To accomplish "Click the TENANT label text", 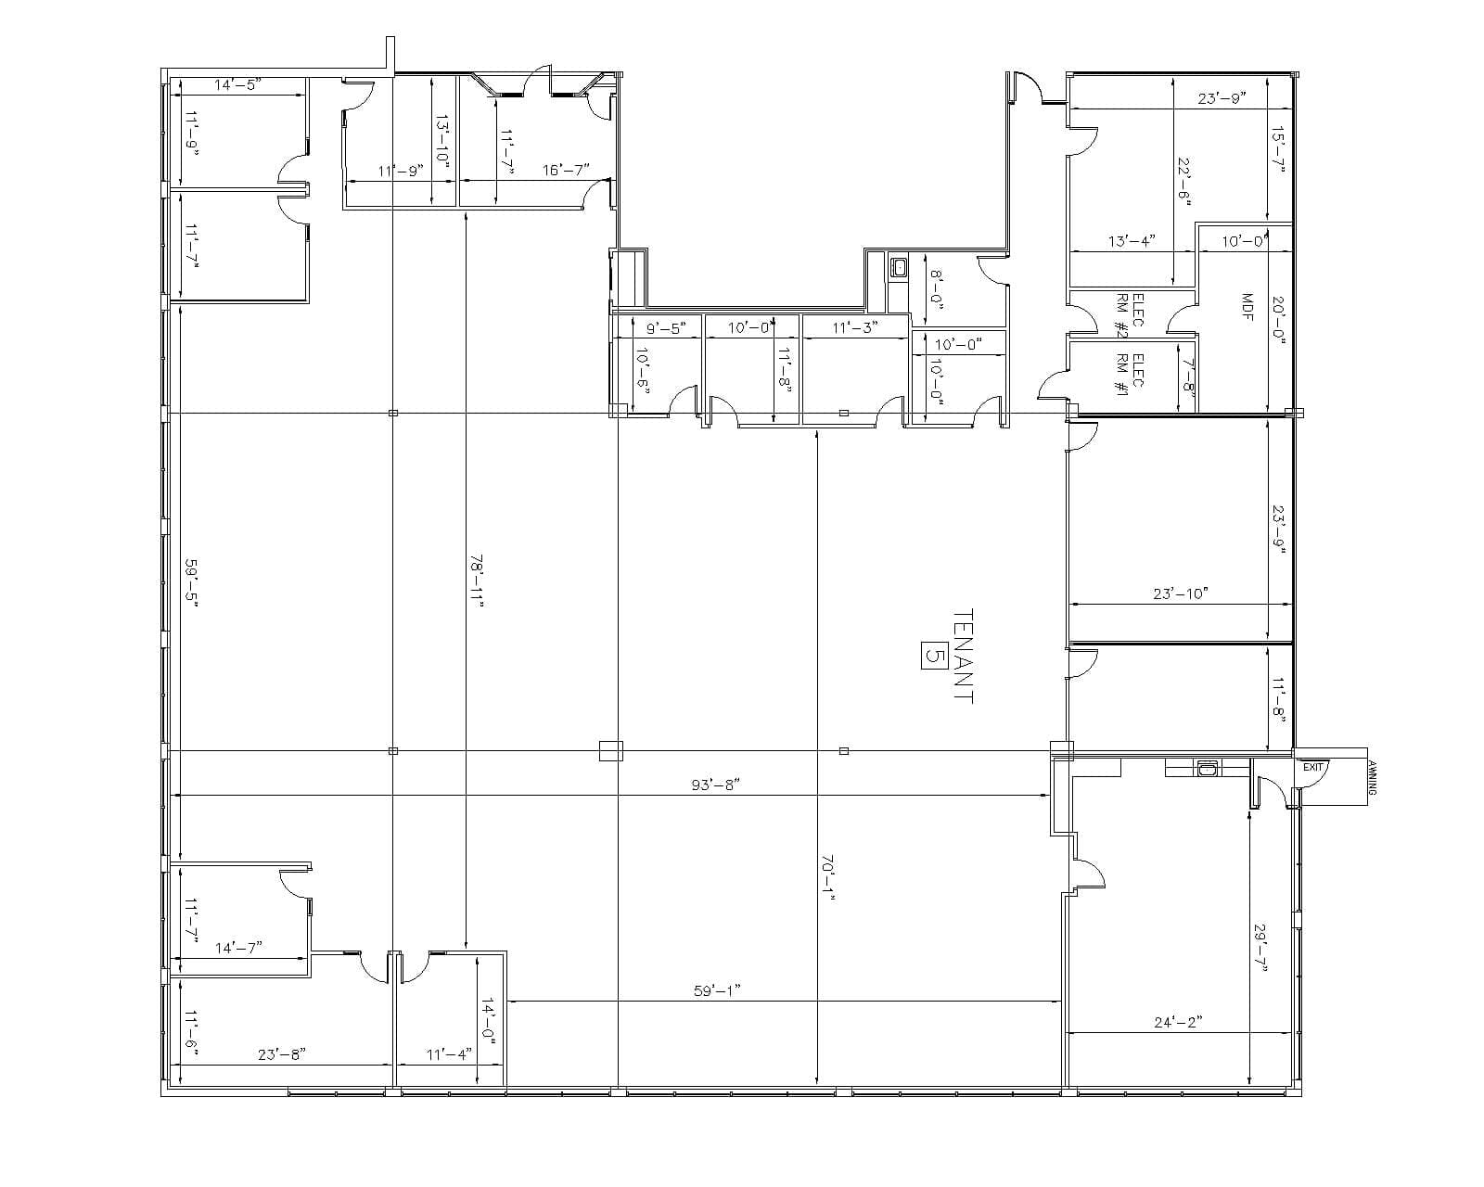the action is click(963, 656).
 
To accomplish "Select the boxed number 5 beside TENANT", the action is click(933, 656).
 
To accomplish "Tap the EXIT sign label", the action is click(1312, 767).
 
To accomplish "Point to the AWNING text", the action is click(1373, 778).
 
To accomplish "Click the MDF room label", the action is click(1247, 308).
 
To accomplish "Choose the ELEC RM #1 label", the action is click(1130, 376).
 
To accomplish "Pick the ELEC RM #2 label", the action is click(1129, 315).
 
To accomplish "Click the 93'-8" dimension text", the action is click(716, 785).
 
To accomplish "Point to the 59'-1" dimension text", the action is click(717, 990).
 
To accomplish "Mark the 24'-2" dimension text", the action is click(1178, 1021).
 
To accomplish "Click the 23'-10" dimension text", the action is click(1181, 593).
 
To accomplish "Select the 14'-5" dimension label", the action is click(238, 84).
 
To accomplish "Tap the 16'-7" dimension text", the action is click(566, 170).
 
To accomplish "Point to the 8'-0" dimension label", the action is click(936, 288).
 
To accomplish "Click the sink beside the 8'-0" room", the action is click(899, 267).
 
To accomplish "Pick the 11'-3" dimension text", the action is click(855, 327).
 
